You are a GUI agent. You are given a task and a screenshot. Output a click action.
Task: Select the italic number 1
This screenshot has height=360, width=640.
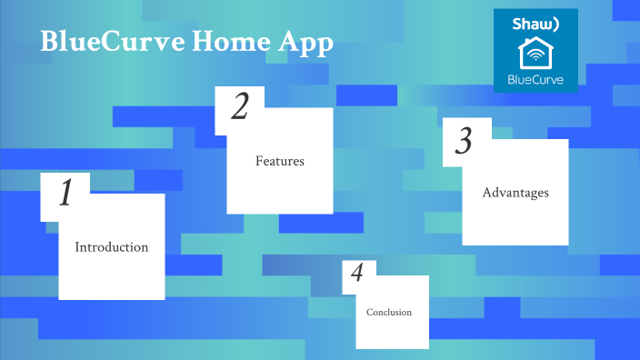(65, 195)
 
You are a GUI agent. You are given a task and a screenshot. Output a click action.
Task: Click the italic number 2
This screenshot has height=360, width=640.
(239, 107)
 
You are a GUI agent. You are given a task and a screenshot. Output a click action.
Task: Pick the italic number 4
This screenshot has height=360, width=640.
(357, 274)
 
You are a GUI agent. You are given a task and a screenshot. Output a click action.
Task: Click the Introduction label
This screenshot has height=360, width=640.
(111, 247)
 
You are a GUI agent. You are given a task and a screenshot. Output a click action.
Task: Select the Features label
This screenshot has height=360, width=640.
(279, 161)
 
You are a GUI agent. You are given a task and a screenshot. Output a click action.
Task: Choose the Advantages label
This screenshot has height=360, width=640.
(515, 193)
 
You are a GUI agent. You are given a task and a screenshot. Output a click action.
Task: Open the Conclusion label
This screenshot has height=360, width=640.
(389, 313)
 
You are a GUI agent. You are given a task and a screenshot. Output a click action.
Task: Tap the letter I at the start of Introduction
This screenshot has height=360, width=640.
(77, 247)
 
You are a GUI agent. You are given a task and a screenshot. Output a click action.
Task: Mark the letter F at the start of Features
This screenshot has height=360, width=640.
(259, 161)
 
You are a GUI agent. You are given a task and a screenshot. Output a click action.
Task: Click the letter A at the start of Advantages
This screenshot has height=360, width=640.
(486, 193)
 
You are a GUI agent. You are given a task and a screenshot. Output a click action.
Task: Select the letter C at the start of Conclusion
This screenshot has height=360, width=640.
(370, 313)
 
